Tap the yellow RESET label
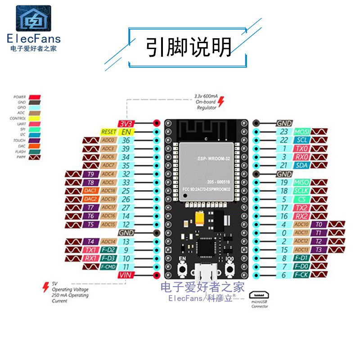[108, 132]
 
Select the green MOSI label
[301, 131]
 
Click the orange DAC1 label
[90, 191]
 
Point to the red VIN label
[124, 275]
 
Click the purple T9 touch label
[90, 174]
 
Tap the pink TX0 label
[301, 148]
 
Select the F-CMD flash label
[108, 267]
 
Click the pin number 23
[283, 131]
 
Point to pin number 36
[126, 140]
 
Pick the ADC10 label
[301, 225]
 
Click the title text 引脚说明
[189, 46]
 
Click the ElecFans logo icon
[34, 19]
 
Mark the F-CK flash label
[301, 275]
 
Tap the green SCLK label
[301, 191]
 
